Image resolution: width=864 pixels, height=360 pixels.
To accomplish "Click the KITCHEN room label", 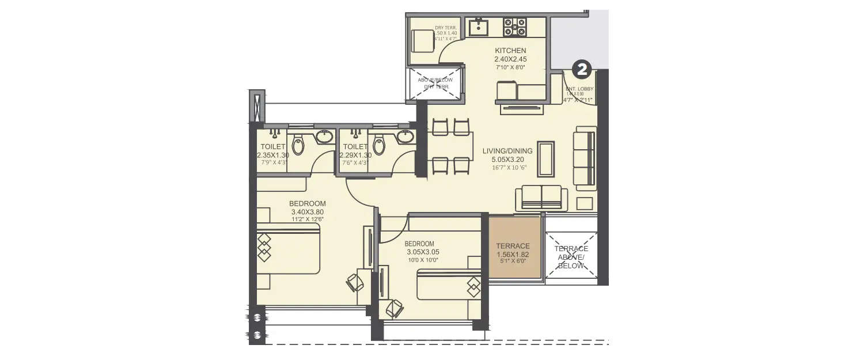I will (510, 51).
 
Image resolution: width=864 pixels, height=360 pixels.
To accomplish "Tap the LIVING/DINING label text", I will (507, 151).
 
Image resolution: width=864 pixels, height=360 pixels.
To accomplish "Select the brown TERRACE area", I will (514, 248).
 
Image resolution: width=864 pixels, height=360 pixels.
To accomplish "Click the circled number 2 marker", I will (582, 70).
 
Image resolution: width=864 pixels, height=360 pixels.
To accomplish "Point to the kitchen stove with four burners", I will (515, 27).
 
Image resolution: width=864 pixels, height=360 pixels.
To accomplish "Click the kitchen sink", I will (478, 27).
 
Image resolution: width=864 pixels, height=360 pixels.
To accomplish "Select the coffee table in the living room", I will (545, 158).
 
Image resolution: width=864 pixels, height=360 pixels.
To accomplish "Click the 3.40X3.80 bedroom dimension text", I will (307, 212).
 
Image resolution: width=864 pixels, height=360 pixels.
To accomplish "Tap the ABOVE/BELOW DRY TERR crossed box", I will (436, 84).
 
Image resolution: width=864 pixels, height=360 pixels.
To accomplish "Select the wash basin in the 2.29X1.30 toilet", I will (404, 137).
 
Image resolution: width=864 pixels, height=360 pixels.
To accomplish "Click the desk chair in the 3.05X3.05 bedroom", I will (394, 308).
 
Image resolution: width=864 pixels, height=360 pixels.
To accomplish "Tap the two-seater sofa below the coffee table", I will (541, 198).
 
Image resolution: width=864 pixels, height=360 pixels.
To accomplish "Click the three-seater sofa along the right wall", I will (585, 158).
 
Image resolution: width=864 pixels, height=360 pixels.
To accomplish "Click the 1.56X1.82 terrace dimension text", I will (513, 255).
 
